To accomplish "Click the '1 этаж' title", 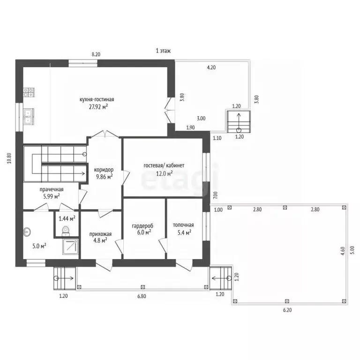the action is (163, 51).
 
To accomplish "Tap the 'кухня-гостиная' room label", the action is (97, 99).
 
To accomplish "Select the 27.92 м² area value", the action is (98, 107).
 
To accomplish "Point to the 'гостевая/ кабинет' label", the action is (164, 165).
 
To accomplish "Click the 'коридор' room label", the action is (104, 170).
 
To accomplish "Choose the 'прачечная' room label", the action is (52, 190).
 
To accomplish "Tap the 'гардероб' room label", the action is (142, 226).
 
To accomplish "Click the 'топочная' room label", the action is (183, 225).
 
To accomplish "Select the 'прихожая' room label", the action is (101, 234).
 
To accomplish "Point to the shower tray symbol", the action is (70, 247).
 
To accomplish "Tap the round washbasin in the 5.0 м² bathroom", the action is (27, 232).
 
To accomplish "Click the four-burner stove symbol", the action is (29, 92).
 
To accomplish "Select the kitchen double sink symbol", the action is (29, 117).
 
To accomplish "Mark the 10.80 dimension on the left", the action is (9, 158).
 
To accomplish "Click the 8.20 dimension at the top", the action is (96, 54).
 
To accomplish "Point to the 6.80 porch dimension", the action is (142, 296).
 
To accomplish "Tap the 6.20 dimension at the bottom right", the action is (287, 310).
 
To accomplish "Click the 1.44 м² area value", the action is (67, 218).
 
